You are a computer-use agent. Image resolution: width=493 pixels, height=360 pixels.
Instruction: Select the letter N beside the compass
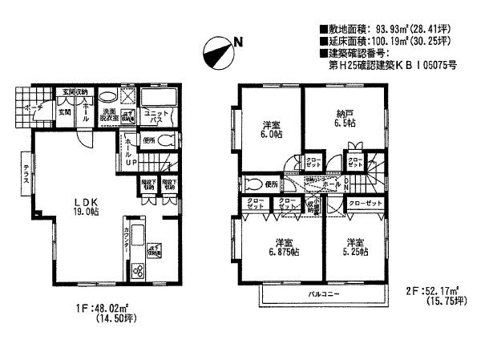[237, 42]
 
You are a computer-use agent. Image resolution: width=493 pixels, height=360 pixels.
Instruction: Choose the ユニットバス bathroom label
[156, 117]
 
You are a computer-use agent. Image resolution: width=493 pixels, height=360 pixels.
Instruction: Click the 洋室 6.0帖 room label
[271, 128]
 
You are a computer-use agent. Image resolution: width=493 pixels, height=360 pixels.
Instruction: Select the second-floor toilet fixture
[252, 184]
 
